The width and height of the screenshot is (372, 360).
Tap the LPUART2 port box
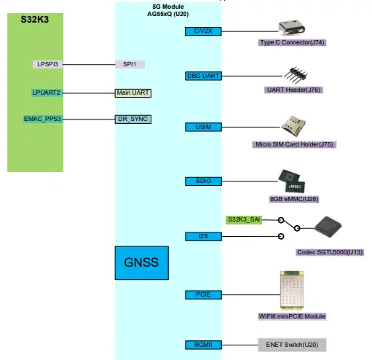(47, 93)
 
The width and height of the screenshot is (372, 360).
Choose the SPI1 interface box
(130, 64)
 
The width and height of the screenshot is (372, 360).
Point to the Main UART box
(133, 93)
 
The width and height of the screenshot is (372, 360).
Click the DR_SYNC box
(133, 118)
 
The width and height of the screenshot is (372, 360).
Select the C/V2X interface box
(203, 31)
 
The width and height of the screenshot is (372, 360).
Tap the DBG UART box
(203, 76)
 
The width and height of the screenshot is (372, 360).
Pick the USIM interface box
(203, 127)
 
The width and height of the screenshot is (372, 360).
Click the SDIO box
(203, 180)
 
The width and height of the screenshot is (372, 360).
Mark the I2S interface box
(203, 235)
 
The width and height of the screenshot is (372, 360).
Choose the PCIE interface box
(203, 294)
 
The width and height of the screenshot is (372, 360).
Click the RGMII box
(203, 344)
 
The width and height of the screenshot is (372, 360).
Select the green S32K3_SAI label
(243, 219)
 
